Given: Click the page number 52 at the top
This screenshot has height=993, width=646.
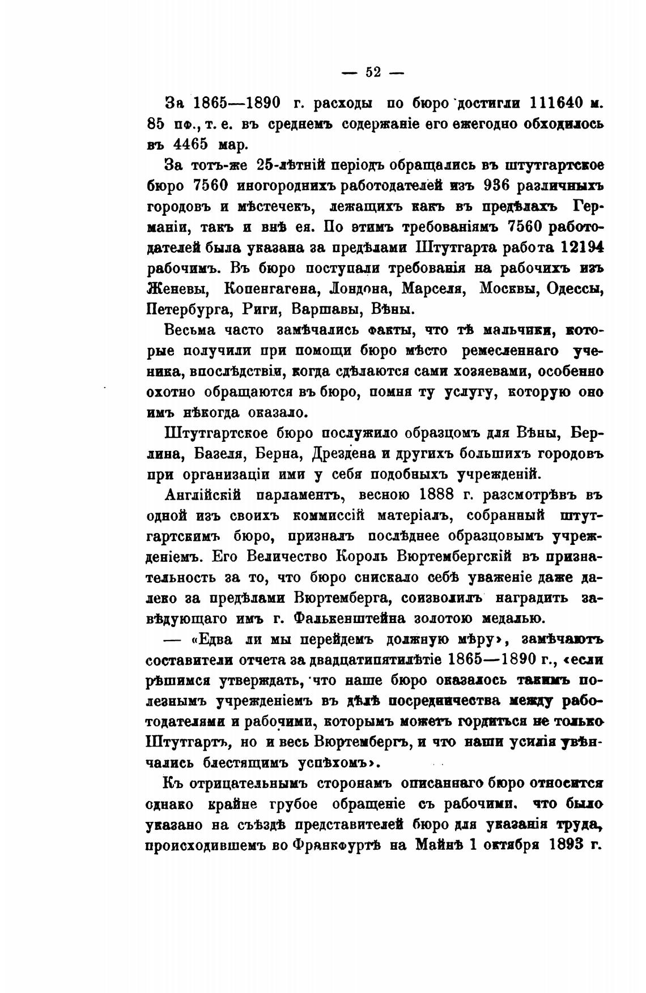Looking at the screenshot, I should pos(373,72).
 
